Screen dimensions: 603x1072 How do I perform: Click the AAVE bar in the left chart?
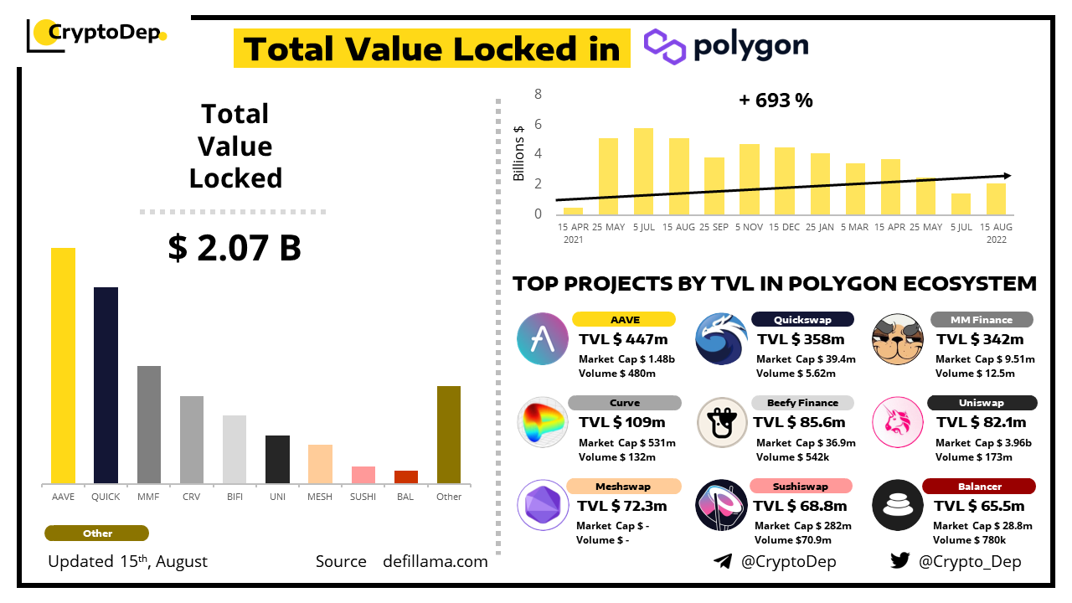click(63, 365)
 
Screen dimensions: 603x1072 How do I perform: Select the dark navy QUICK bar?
click(106, 385)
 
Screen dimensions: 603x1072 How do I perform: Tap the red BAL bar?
click(406, 477)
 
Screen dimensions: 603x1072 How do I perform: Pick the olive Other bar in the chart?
click(449, 435)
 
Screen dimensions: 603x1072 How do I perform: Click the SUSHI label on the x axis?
click(363, 497)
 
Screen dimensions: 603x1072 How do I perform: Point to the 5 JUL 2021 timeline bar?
click(643, 171)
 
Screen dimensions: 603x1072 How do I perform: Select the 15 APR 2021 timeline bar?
click(573, 210)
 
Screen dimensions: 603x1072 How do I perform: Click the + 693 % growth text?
click(776, 100)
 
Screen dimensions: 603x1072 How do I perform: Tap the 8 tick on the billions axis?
click(539, 94)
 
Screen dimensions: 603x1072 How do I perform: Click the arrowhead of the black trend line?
click(1008, 175)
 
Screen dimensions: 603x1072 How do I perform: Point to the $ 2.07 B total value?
click(234, 248)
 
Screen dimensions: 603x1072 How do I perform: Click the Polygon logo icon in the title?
click(665, 46)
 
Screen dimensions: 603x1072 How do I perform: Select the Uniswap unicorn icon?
click(898, 422)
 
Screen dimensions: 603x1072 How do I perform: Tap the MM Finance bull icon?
click(898, 338)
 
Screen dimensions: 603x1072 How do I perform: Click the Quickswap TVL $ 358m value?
click(801, 339)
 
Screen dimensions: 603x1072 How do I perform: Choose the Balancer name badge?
click(979, 487)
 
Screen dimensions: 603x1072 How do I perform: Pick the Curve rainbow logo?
click(543, 422)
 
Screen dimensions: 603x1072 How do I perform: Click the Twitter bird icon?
click(899, 561)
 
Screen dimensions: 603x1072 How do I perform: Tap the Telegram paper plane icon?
click(723, 561)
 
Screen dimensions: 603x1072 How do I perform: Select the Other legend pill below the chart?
click(97, 533)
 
